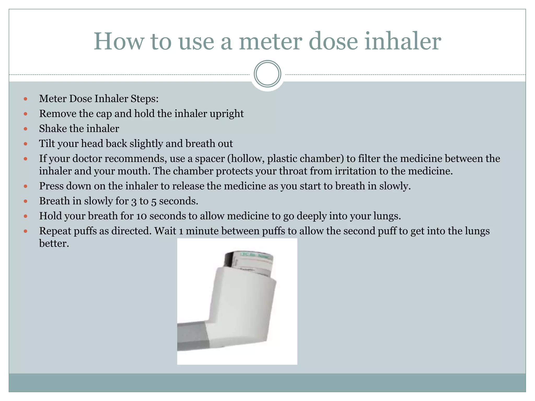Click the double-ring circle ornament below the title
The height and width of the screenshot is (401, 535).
click(x=267, y=74)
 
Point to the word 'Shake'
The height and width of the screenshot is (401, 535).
click(x=53, y=129)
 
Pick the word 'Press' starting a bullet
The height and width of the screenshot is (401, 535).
click(x=51, y=186)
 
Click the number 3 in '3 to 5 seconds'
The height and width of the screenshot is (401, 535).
click(x=134, y=201)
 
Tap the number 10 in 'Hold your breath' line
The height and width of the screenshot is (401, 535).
click(x=141, y=216)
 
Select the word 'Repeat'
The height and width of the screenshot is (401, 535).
click(x=55, y=231)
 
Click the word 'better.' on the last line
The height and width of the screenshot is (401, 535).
click(x=54, y=243)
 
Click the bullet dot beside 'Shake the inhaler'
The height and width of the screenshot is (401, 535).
click(x=25, y=129)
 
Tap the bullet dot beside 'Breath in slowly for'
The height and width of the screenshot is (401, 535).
click(x=25, y=201)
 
